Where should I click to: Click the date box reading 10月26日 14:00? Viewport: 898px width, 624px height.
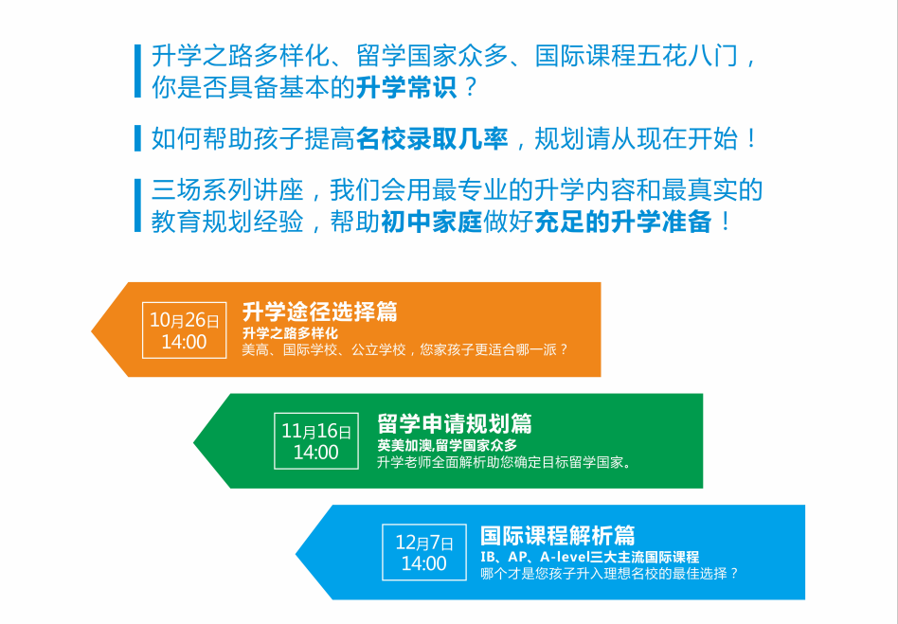click(185, 330)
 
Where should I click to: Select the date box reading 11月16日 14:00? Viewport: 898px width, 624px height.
click(316, 441)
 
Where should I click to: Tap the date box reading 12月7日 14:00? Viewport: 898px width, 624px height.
click(424, 552)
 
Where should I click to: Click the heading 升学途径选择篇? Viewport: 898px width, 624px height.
click(319, 312)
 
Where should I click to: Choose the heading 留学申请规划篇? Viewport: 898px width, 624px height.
click(455, 423)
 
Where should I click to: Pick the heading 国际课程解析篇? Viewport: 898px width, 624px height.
click(558, 535)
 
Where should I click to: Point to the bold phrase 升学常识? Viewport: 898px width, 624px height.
click(406, 88)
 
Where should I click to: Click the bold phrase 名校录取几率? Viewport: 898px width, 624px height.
click(432, 139)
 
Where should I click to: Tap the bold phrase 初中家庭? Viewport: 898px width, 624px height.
click(432, 223)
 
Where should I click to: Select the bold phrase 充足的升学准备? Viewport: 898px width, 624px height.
click(623, 223)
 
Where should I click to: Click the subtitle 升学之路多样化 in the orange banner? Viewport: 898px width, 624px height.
click(290, 333)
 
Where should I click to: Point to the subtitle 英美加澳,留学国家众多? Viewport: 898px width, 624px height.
click(447, 445)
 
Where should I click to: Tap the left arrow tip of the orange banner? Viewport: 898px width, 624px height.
click(92, 330)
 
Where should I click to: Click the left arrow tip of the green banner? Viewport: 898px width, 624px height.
click(194, 441)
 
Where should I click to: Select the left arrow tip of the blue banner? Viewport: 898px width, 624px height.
click(296, 553)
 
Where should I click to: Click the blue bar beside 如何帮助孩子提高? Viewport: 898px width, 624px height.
click(137, 138)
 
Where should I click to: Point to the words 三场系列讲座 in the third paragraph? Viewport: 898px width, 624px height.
click(227, 190)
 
